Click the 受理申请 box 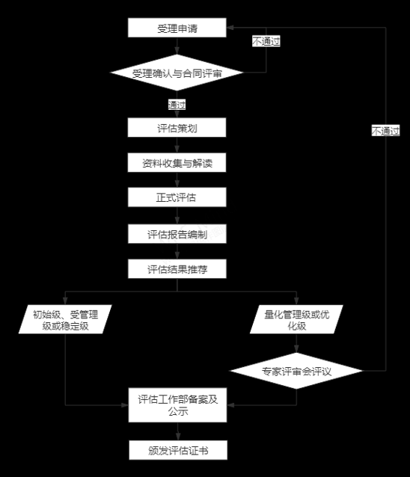177,28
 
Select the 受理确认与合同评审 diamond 177,73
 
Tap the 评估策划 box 177,127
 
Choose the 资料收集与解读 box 177,163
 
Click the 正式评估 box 177,197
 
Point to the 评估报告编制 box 177,234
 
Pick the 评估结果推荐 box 177,268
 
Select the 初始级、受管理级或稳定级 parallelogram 65,319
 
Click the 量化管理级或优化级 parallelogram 296,319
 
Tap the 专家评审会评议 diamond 296,371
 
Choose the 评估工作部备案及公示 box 177,405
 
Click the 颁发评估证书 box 178,450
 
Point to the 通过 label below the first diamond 177,105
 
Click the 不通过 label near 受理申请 266,41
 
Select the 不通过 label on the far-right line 385,131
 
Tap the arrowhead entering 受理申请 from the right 230,28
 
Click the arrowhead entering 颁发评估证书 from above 178,437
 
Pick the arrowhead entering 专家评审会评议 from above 296,349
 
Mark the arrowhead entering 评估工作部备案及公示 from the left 125,405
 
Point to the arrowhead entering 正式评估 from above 177,184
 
